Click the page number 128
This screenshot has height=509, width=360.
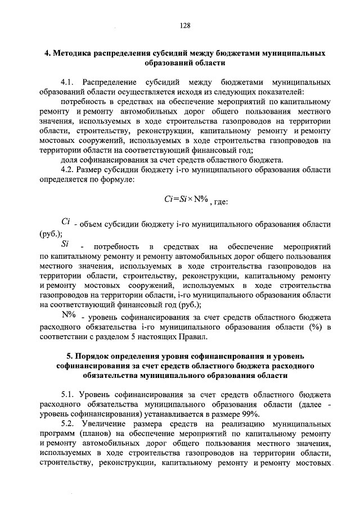pos(185,25)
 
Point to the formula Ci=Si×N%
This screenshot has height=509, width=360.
pos(183,200)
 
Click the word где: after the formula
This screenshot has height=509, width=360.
pos(220,201)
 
